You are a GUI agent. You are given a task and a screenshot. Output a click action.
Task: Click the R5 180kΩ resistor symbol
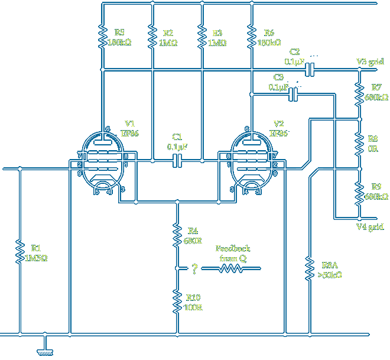[103, 37]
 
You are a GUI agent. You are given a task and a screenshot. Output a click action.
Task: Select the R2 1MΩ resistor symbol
[152, 37]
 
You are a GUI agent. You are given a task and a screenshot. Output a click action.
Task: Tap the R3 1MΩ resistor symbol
[202, 37]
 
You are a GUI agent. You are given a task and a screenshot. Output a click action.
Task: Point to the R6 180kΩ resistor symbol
[252, 37]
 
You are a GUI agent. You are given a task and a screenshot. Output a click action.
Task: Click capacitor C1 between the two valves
[177, 160]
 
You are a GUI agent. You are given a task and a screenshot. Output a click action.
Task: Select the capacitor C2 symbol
[309, 70]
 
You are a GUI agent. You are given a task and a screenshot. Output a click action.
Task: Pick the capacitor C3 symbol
[293, 93]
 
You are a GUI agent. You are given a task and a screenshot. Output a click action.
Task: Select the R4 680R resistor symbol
[177, 235]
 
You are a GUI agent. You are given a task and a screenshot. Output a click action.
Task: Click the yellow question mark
[193, 270]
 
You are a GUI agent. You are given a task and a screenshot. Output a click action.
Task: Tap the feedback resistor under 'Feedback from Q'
[231, 269]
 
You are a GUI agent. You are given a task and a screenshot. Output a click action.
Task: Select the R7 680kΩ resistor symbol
[359, 94]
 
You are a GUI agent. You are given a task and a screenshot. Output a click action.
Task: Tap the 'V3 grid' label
[370, 61]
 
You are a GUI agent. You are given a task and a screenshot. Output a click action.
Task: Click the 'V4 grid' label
[370, 227]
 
